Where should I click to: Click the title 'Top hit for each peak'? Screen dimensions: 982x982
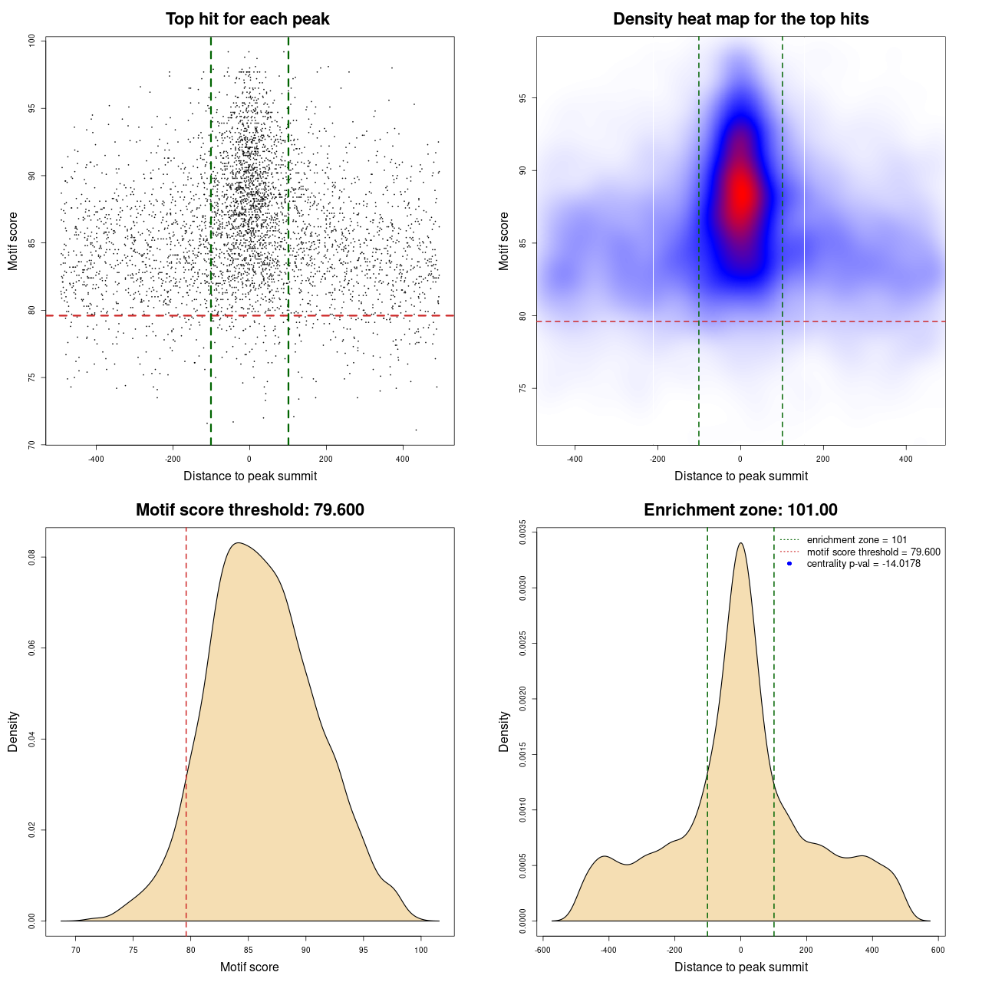pos(247,19)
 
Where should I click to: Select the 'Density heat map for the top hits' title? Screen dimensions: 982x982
pos(740,19)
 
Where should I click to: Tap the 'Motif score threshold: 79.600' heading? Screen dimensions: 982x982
pos(249,510)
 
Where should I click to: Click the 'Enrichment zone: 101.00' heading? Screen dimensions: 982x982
pos(740,510)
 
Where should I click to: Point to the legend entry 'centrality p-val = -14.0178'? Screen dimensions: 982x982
pos(863,564)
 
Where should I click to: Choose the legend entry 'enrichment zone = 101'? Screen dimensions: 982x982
pos(856,540)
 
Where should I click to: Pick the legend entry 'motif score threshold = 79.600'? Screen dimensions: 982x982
pos(873,552)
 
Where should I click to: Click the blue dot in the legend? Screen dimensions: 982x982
pos(789,564)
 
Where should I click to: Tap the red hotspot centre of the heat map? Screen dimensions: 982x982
pos(741,195)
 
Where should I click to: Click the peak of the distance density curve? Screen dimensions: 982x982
pos(740,543)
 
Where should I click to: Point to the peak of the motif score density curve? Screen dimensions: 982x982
pos(239,543)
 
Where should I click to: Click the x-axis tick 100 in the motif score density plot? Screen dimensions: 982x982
pos(420,950)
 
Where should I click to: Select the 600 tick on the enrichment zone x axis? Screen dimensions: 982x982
pos(938,950)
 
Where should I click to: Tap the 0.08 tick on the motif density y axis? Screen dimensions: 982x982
pos(32,557)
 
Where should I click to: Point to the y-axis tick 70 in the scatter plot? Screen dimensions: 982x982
pos(32,444)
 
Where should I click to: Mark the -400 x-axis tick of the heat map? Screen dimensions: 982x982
pos(575,459)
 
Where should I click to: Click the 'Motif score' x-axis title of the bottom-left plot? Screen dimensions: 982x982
pos(249,967)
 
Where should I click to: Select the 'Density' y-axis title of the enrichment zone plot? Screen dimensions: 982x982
pos(504,731)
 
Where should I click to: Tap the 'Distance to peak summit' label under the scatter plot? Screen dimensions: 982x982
pos(250,476)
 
